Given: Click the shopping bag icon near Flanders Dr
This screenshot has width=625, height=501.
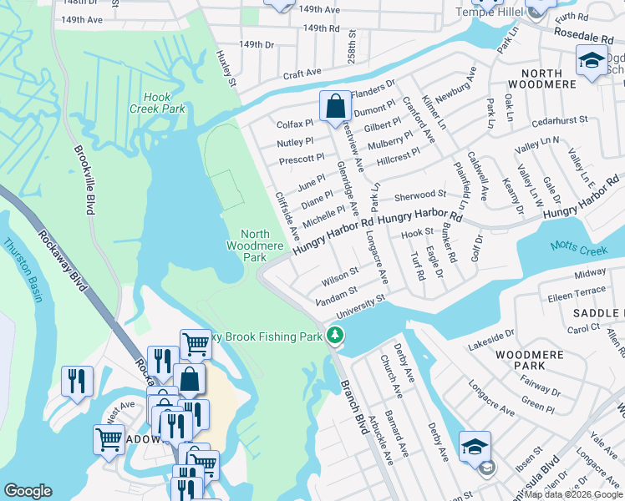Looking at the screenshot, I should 334,106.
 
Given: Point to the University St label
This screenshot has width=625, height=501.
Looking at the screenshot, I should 359,306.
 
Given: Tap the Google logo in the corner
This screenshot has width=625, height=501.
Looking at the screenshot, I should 28,491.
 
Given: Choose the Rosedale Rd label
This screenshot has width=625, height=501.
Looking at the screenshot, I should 583,36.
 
